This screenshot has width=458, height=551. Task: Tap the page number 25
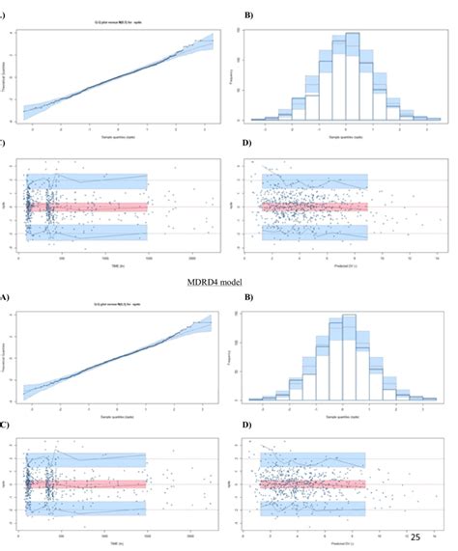point(416,537)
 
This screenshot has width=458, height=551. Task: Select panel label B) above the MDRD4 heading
point(248,16)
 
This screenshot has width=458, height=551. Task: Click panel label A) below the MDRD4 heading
point(5,298)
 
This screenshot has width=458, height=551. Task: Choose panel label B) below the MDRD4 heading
point(248,298)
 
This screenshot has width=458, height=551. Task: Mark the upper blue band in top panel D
point(314,180)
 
